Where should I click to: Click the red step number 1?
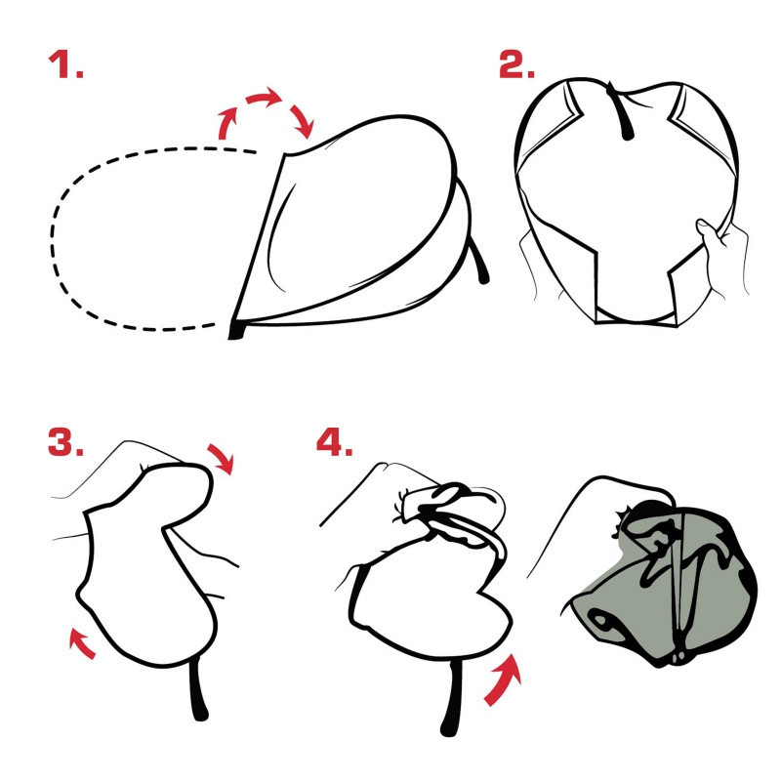[65, 64]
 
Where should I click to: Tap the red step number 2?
[517, 64]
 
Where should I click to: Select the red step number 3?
[65, 441]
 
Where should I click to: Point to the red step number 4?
[335, 441]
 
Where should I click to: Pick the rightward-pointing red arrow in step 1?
[264, 96]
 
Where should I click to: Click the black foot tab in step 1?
[236, 330]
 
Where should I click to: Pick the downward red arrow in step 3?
[222, 457]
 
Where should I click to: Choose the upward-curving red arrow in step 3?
[81, 642]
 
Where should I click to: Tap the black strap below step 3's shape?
[198, 690]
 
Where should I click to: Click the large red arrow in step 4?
[503, 679]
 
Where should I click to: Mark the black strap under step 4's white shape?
[451, 697]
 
